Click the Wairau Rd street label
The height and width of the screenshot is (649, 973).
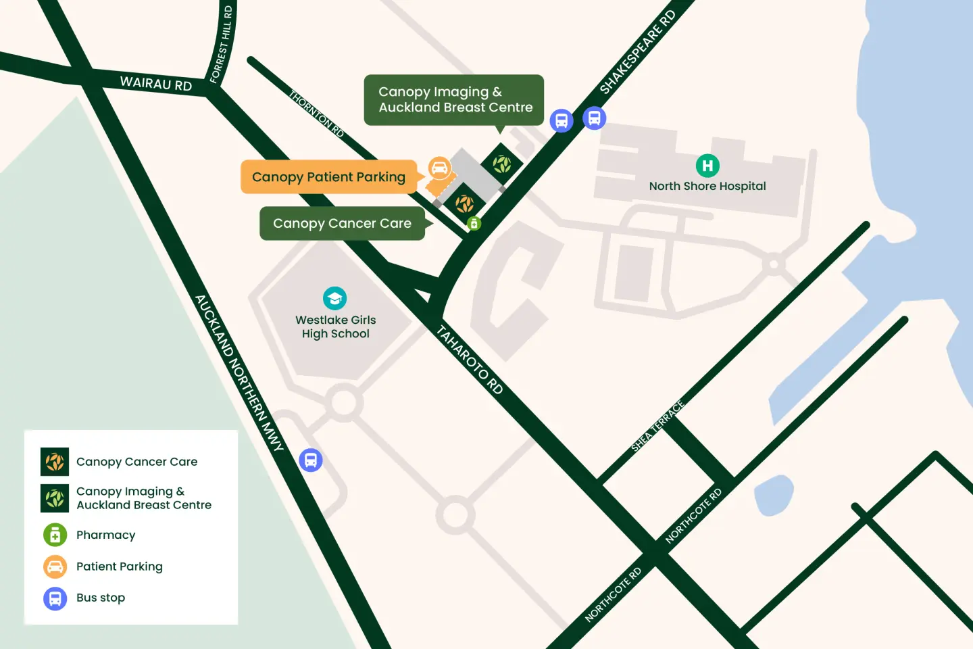click(156, 84)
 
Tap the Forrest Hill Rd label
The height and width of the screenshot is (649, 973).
click(222, 45)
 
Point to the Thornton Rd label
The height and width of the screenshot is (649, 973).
click(316, 114)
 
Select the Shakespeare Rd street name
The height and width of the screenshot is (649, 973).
click(637, 52)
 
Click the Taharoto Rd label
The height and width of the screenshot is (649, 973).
click(470, 360)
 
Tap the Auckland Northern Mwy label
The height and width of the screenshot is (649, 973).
click(239, 372)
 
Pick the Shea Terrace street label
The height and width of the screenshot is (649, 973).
click(657, 426)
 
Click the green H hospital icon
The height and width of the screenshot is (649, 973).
click(707, 166)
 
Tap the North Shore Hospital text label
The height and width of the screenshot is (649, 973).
click(707, 187)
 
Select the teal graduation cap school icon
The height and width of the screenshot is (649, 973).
click(334, 298)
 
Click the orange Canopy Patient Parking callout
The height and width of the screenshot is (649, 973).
click(328, 177)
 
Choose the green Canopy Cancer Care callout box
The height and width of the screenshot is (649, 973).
click(342, 224)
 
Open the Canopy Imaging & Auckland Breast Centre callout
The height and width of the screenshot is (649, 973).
click(454, 99)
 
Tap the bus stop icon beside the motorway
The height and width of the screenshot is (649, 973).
click(311, 460)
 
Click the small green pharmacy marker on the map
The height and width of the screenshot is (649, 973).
click(474, 223)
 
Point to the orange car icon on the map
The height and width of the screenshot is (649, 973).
click(439, 168)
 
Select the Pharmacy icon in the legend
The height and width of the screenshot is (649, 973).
click(55, 535)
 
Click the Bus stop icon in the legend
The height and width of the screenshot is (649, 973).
click(55, 598)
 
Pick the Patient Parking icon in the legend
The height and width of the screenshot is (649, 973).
click(55, 567)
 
